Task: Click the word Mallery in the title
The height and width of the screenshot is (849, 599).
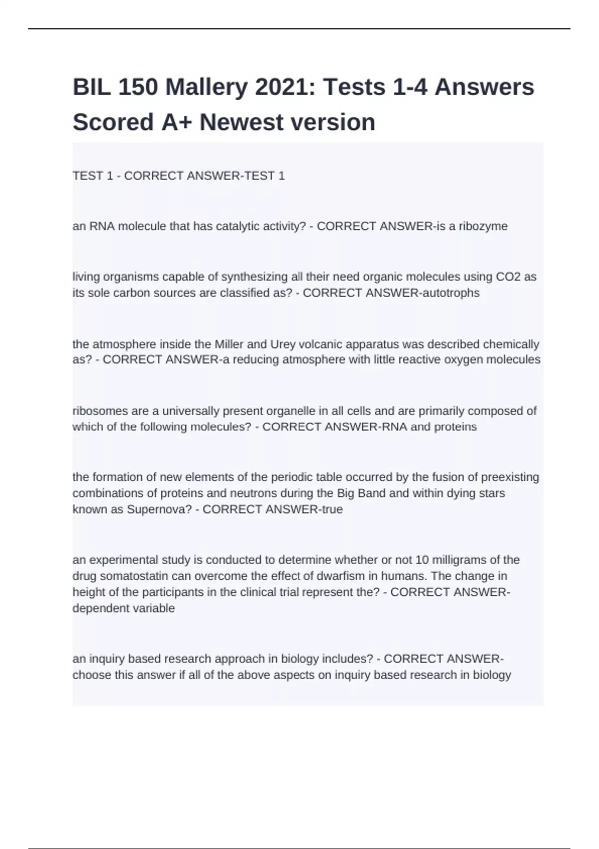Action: tap(206, 87)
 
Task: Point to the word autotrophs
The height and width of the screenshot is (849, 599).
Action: tap(451, 293)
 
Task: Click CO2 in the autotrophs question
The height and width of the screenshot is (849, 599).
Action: tap(508, 277)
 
